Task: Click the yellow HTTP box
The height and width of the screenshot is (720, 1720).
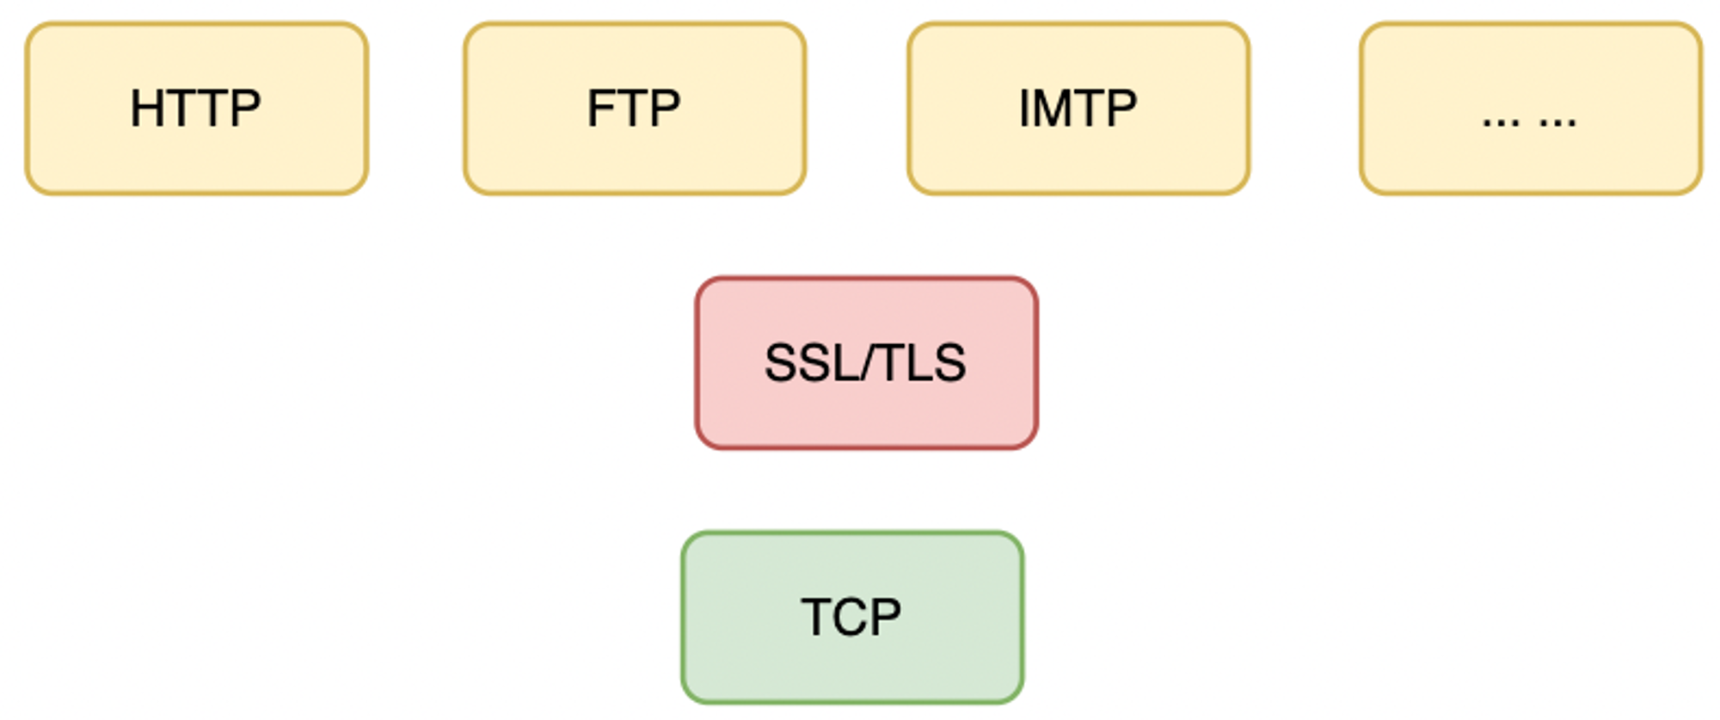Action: [197, 108]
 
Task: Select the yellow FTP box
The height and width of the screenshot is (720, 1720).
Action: [635, 108]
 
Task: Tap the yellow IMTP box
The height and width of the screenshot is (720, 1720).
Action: [1078, 108]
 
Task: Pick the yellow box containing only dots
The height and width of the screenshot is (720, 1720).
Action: [1531, 108]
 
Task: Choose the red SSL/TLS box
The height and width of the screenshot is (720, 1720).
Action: [866, 363]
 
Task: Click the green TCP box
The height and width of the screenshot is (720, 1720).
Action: [852, 618]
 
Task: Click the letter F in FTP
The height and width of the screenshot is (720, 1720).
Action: [601, 108]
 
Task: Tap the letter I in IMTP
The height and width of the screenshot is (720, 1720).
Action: [1024, 108]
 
